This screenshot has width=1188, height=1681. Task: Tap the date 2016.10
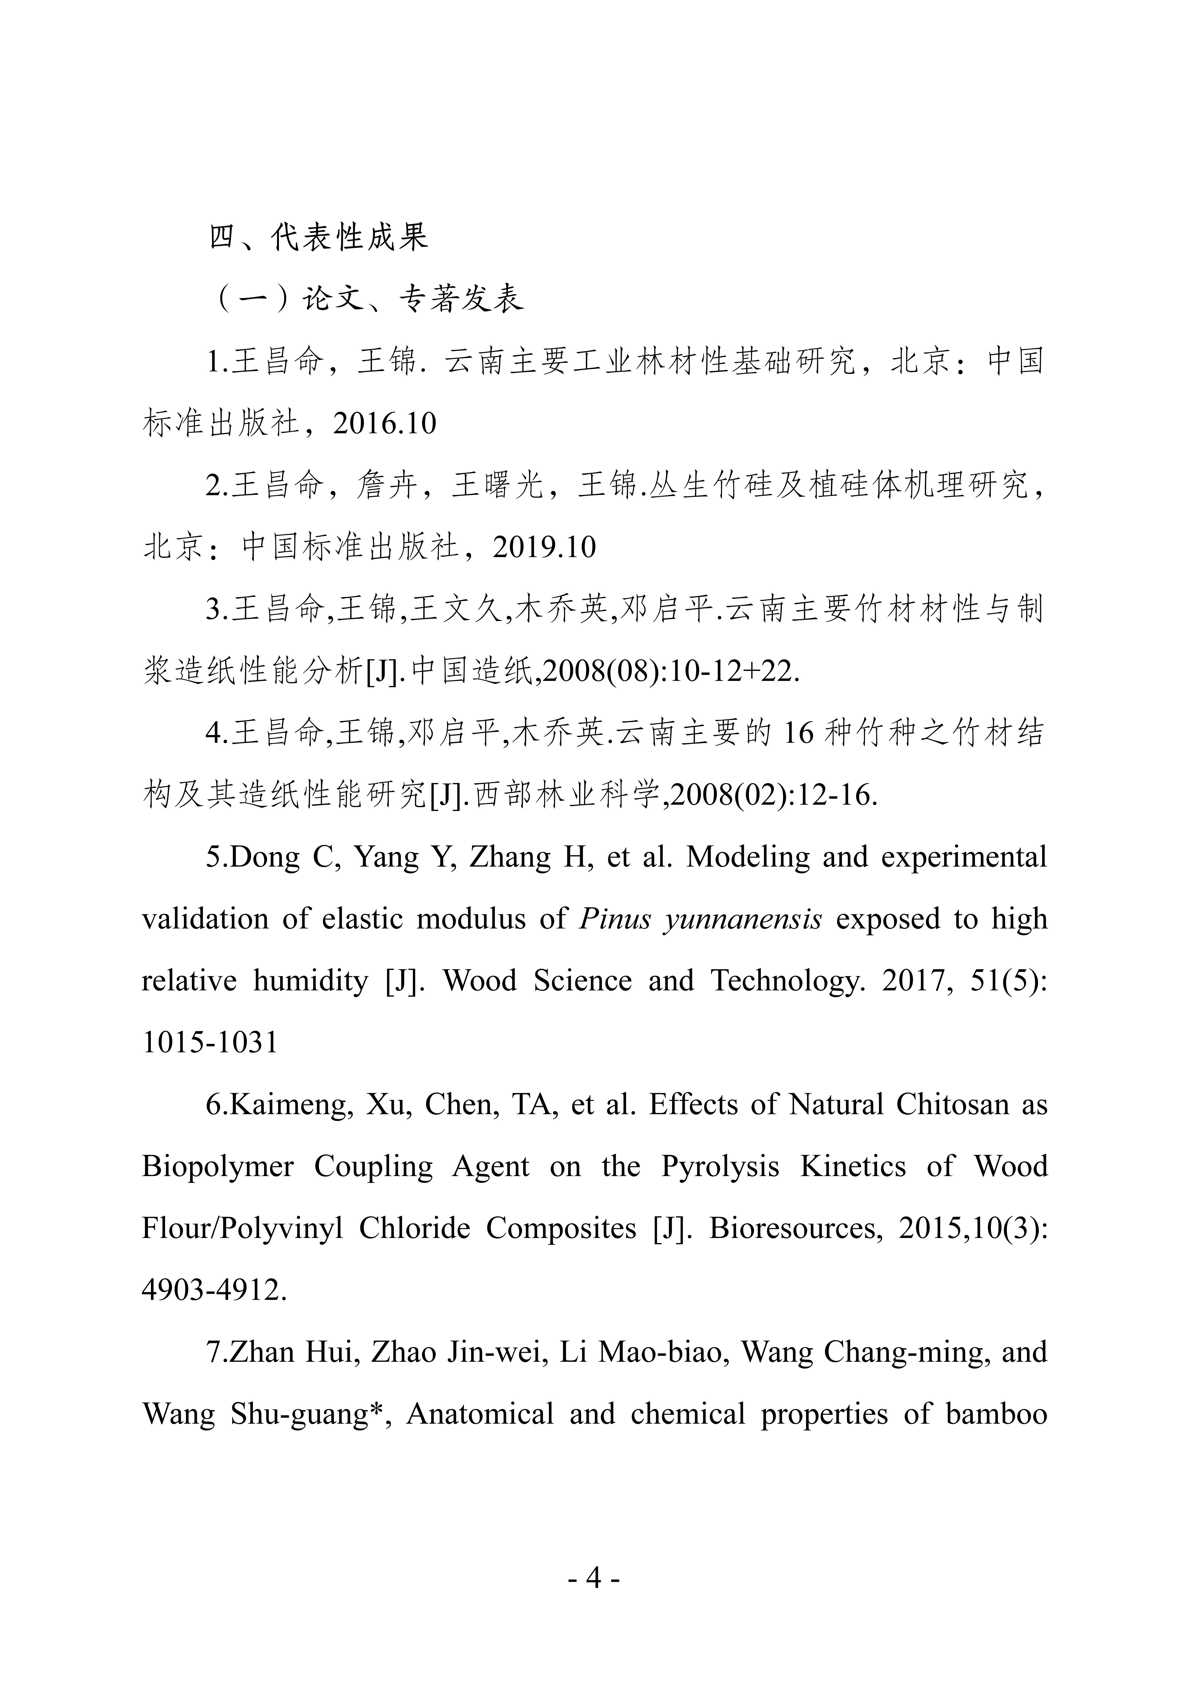click(x=384, y=424)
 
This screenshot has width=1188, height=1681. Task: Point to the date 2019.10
click(x=544, y=548)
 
